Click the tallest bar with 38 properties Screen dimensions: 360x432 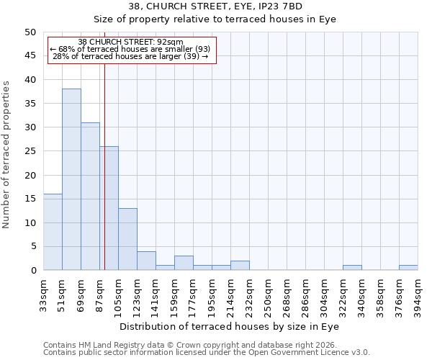point(71,180)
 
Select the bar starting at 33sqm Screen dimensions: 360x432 point(53,232)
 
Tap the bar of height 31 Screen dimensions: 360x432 point(90,197)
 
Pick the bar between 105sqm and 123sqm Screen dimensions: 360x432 point(127,239)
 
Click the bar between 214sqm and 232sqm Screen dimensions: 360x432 point(240,266)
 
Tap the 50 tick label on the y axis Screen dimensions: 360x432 point(30,32)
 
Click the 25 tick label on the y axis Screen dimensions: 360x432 point(30,151)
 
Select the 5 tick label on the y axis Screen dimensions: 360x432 point(32,246)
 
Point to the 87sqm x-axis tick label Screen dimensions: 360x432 point(99,295)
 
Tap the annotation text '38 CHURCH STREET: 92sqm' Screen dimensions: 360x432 point(130,42)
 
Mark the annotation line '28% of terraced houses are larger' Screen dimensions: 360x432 point(130,56)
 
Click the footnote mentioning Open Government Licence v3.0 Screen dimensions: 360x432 point(207,353)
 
